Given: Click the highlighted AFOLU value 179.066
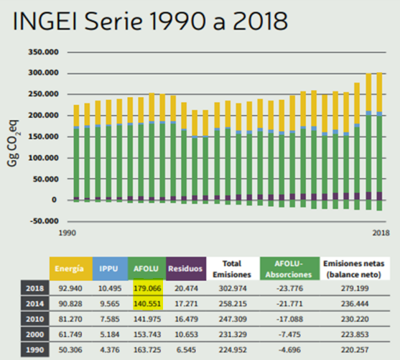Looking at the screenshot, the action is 147,288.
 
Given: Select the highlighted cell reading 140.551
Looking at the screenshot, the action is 147,303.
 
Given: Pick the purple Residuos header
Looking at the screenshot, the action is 186,269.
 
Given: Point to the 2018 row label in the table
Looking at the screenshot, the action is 35,288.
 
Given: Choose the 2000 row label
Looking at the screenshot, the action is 35,334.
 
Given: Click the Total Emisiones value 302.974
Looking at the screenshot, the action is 233,288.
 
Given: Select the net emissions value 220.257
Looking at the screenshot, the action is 355,349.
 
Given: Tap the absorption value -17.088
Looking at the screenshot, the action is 290,319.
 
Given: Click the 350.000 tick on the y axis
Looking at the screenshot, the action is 43,52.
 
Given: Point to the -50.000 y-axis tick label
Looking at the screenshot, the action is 45,221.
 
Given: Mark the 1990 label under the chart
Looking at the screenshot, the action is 68,233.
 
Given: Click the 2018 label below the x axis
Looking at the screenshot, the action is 381,233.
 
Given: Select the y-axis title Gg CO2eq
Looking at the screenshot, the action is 13,143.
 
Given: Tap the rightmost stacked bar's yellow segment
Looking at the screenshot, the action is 379,92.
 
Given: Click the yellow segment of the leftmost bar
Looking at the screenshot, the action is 76,116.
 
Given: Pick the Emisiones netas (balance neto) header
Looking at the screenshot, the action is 354,269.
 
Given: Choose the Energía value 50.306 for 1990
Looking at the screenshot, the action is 70,349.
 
